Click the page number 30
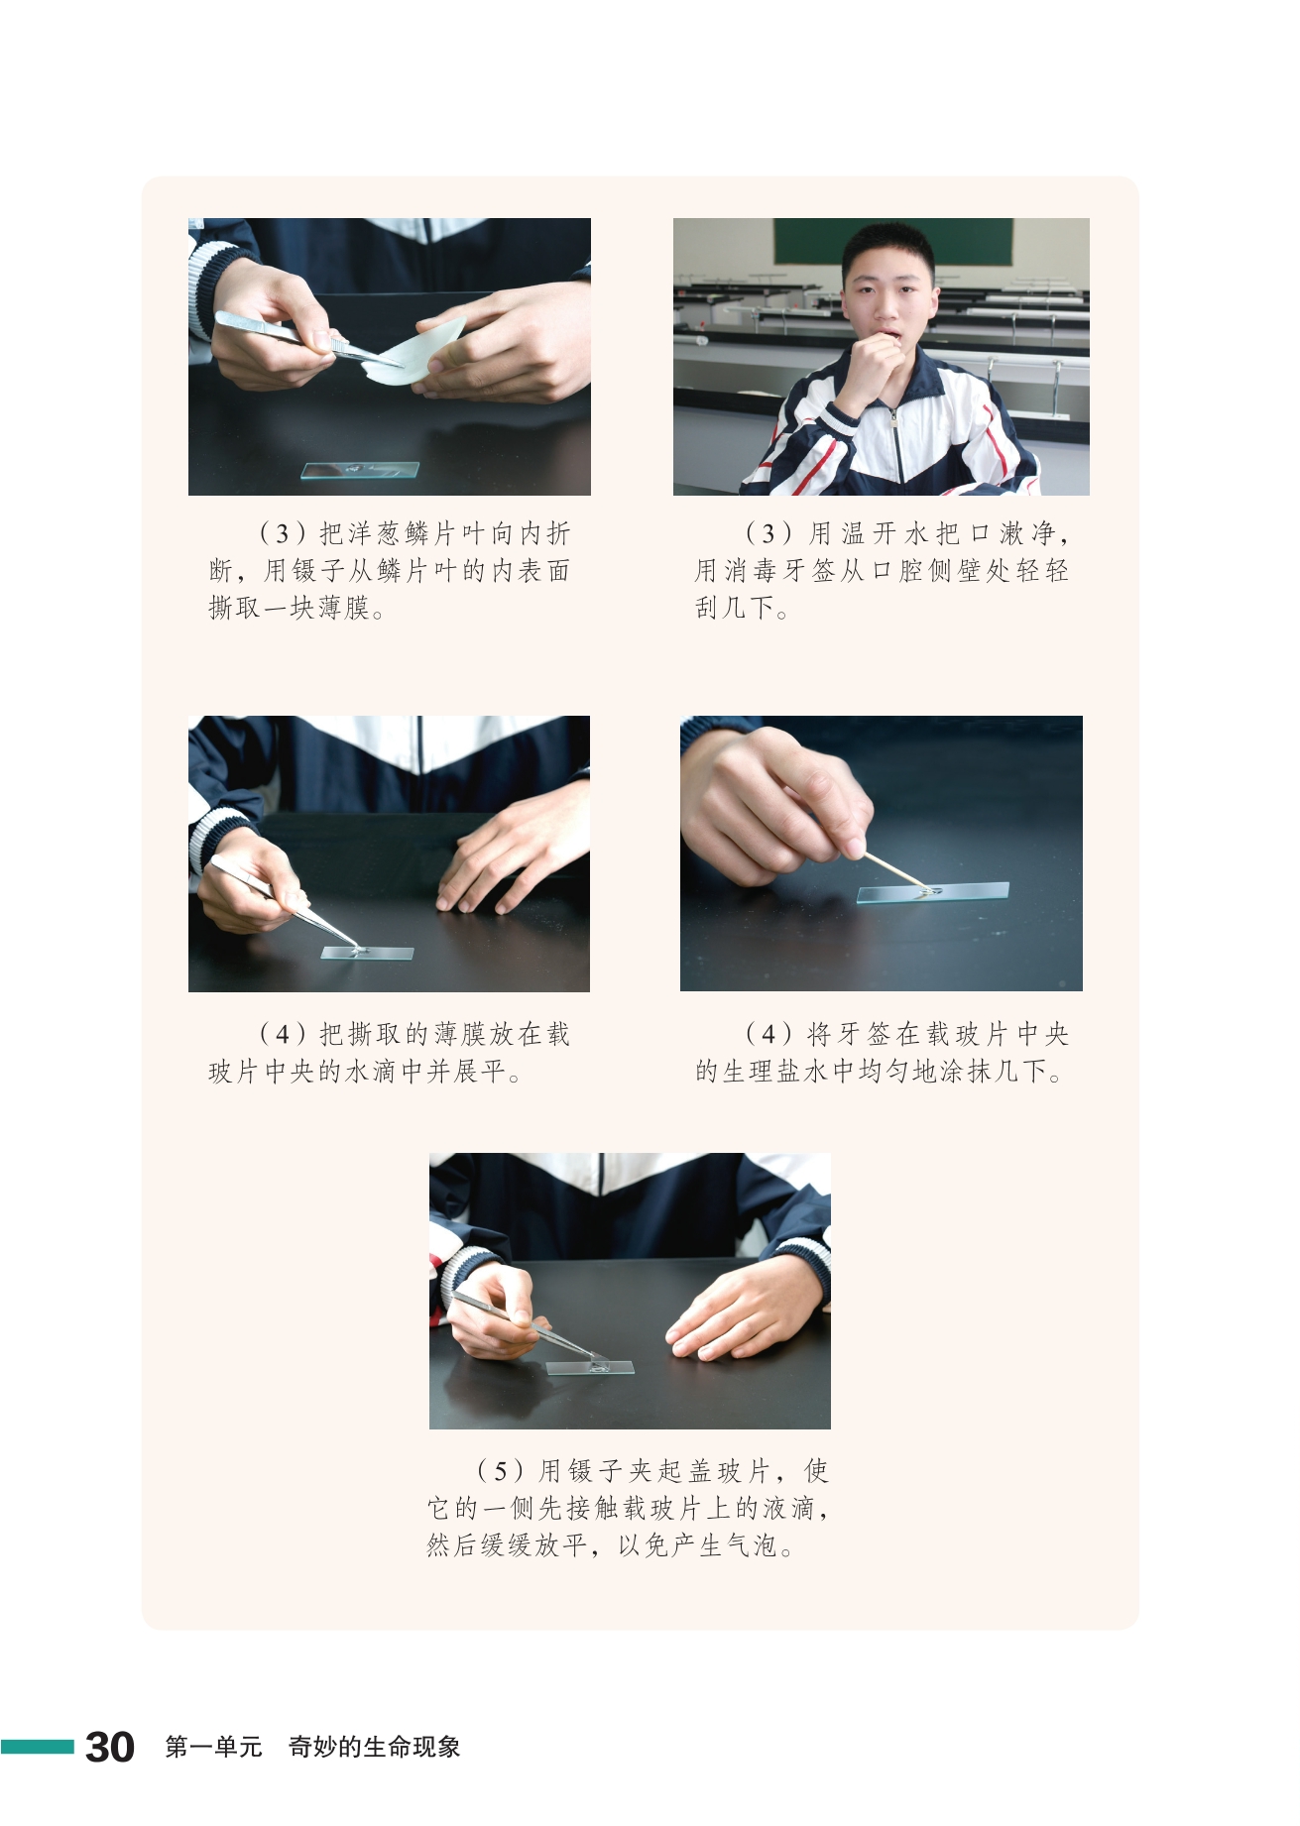[110, 1747]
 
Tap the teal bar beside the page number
[37, 1747]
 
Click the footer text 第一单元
[213, 1747]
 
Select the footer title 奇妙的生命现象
[374, 1747]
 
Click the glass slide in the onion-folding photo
[360, 470]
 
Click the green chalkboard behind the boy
[892, 244]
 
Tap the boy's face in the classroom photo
[887, 292]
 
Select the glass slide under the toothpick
[933, 892]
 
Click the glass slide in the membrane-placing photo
[367, 954]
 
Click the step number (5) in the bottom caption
[499, 1470]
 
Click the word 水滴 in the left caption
[371, 1071]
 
